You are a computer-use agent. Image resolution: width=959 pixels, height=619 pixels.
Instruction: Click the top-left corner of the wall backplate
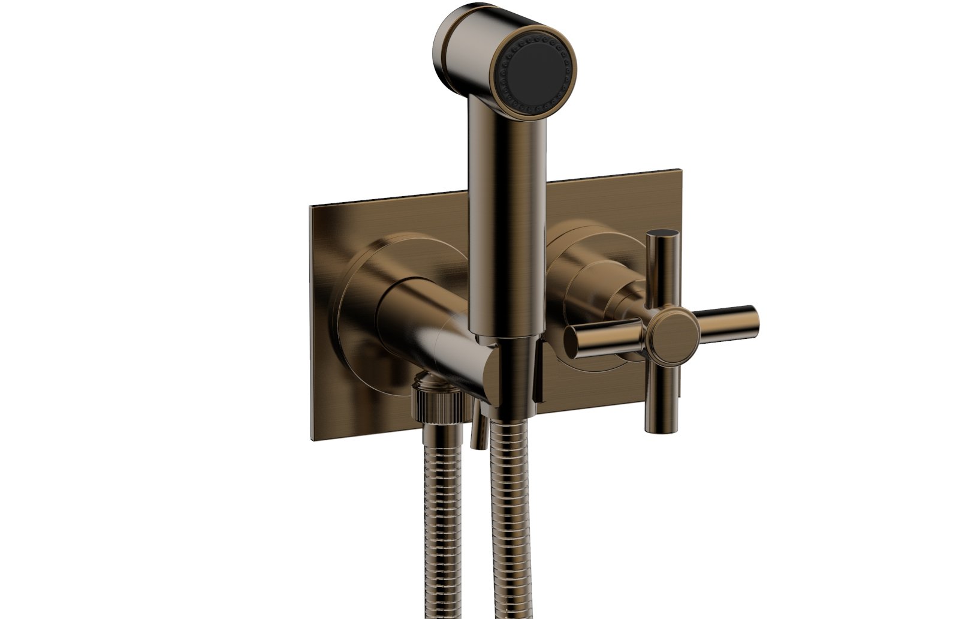point(310,207)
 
